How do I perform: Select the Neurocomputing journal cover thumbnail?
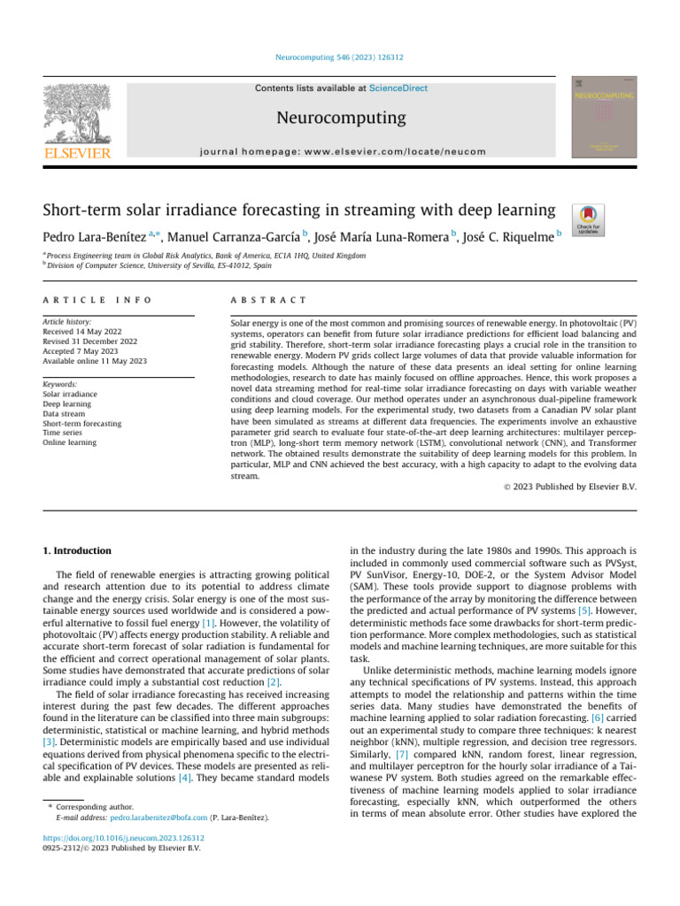tap(603, 117)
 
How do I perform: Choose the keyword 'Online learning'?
tap(70, 442)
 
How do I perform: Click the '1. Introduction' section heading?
tap(79, 550)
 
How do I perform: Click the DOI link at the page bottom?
tap(123, 837)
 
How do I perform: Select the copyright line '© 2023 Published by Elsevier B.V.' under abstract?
tap(565, 487)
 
